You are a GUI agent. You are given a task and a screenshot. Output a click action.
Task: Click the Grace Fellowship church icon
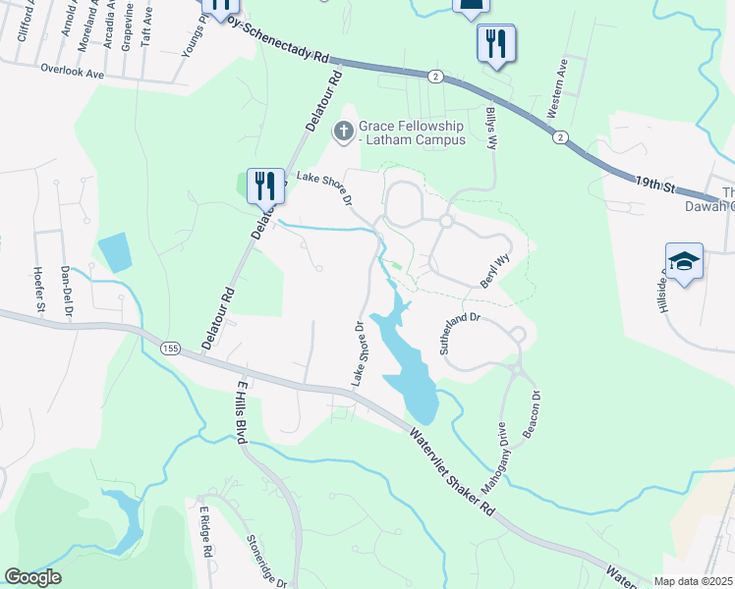[344, 131]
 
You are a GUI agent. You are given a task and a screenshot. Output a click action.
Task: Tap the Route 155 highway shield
[171, 348]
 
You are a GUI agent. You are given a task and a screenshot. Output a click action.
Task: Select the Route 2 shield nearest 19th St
[558, 135]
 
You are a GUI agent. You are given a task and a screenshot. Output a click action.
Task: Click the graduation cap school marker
[684, 261]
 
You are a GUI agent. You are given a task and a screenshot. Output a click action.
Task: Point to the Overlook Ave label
[73, 71]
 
